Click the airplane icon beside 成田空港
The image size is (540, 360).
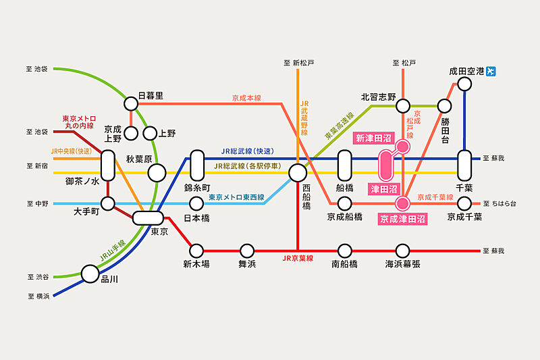[491, 71]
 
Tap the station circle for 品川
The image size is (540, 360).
[90, 274]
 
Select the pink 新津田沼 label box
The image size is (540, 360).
[373, 138]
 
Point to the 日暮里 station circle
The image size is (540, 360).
[130, 103]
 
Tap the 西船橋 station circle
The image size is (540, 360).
[298, 174]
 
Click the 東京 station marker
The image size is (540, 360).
[148, 217]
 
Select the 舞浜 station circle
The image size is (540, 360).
[247, 250]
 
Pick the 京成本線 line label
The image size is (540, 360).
[246, 98]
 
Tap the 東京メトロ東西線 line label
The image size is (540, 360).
[236, 197]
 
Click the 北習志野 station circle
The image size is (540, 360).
[402, 105]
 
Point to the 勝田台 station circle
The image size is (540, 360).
[444, 105]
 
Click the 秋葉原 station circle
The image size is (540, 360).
[157, 174]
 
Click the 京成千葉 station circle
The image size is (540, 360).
[464, 203]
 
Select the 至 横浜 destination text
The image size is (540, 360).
[38, 296]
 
